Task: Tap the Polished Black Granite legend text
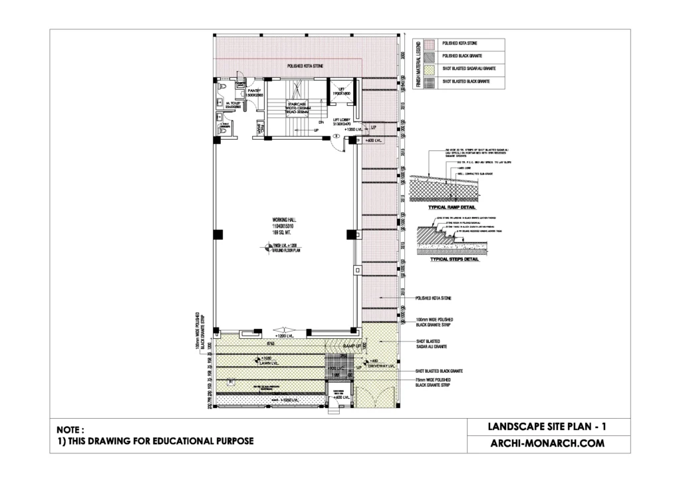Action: click(x=467, y=56)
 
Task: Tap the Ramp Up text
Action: click(x=350, y=347)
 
